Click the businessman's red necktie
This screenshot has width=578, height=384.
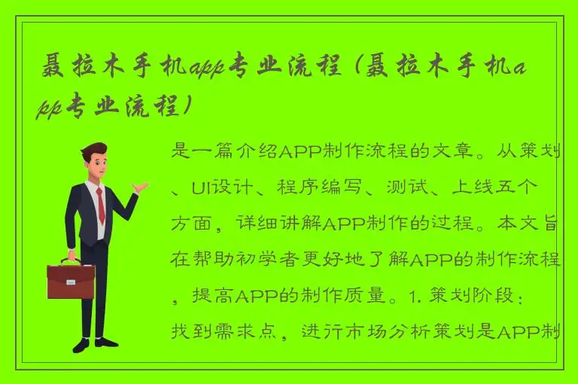(100, 205)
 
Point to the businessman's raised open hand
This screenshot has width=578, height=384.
(140, 187)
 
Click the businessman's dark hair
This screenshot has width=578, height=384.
(94, 151)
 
